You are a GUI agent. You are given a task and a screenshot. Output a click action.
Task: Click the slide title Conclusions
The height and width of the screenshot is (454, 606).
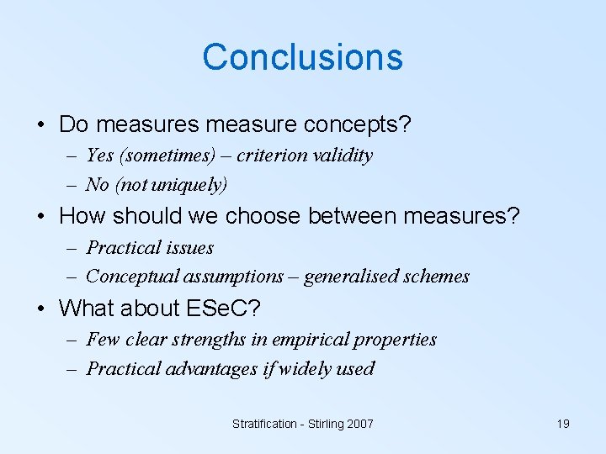[x=302, y=57]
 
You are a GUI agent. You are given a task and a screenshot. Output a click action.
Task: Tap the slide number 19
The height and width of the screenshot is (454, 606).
[x=563, y=424]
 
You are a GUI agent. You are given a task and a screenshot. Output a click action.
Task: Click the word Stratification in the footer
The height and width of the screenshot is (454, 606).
[x=266, y=424]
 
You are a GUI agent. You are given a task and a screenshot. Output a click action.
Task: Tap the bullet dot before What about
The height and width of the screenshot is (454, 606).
[x=41, y=309]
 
